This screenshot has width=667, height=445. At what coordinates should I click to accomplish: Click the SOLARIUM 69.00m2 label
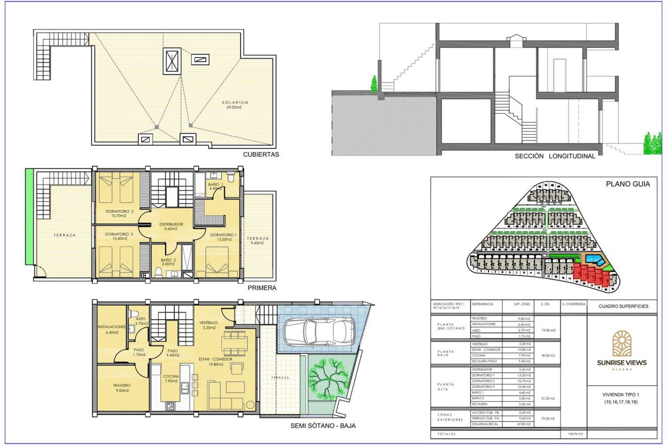(x=235, y=105)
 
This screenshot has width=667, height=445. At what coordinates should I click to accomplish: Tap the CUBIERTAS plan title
(x=261, y=154)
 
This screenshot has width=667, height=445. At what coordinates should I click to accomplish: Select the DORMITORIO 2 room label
(x=119, y=213)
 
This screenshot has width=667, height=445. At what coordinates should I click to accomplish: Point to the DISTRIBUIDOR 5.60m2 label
(x=171, y=226)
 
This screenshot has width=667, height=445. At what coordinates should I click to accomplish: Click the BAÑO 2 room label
(x=168, y=262)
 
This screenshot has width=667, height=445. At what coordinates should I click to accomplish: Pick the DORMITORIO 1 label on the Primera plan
(x=223, y=237)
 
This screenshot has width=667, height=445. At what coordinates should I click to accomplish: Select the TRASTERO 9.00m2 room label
(x=122, y=388)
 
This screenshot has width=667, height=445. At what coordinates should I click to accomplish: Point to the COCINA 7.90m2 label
(x=171, y=379)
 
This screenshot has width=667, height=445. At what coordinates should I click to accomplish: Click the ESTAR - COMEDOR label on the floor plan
(x=215, y=362)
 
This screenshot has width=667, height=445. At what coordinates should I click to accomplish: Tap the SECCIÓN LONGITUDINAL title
(x=555, y=156)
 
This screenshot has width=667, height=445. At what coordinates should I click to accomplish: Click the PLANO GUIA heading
(x=627, y=184)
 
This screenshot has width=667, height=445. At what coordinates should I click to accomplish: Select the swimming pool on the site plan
(x=594, y=259)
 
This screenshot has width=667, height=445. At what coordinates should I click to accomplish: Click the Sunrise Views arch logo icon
(x=621, y=344)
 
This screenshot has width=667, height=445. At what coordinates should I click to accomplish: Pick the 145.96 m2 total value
(x=575, y=434)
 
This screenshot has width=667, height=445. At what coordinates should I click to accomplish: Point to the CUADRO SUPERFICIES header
(x=623, y=306)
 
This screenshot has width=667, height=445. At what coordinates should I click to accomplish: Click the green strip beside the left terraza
(x=29, y=217)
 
